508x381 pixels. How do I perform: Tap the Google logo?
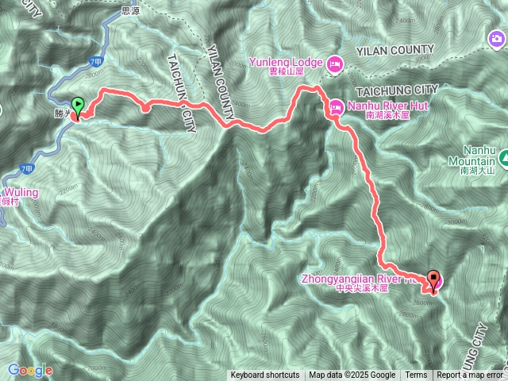pos(30,370)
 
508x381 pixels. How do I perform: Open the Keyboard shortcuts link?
pos(265,375)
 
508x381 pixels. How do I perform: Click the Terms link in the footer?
pos(416,375)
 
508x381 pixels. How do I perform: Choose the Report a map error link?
pos(471,375)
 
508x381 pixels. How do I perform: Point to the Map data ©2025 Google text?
pos(352,375)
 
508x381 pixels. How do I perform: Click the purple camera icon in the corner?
pos(497,38)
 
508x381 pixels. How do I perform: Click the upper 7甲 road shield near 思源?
pos(96,60)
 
